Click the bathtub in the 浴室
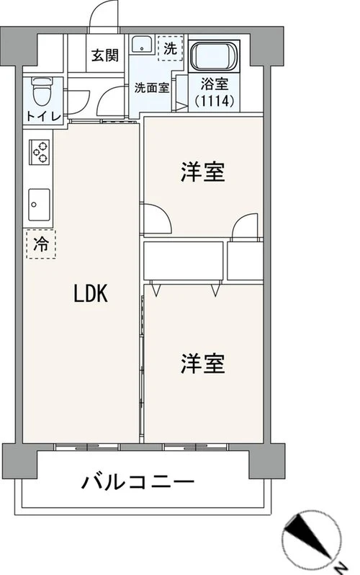[215, 55]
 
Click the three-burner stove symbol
[39, 152]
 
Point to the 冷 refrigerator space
[40, 244]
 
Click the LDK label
[90, 293]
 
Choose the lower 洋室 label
[202, 365]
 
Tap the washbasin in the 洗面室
[143, 45]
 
